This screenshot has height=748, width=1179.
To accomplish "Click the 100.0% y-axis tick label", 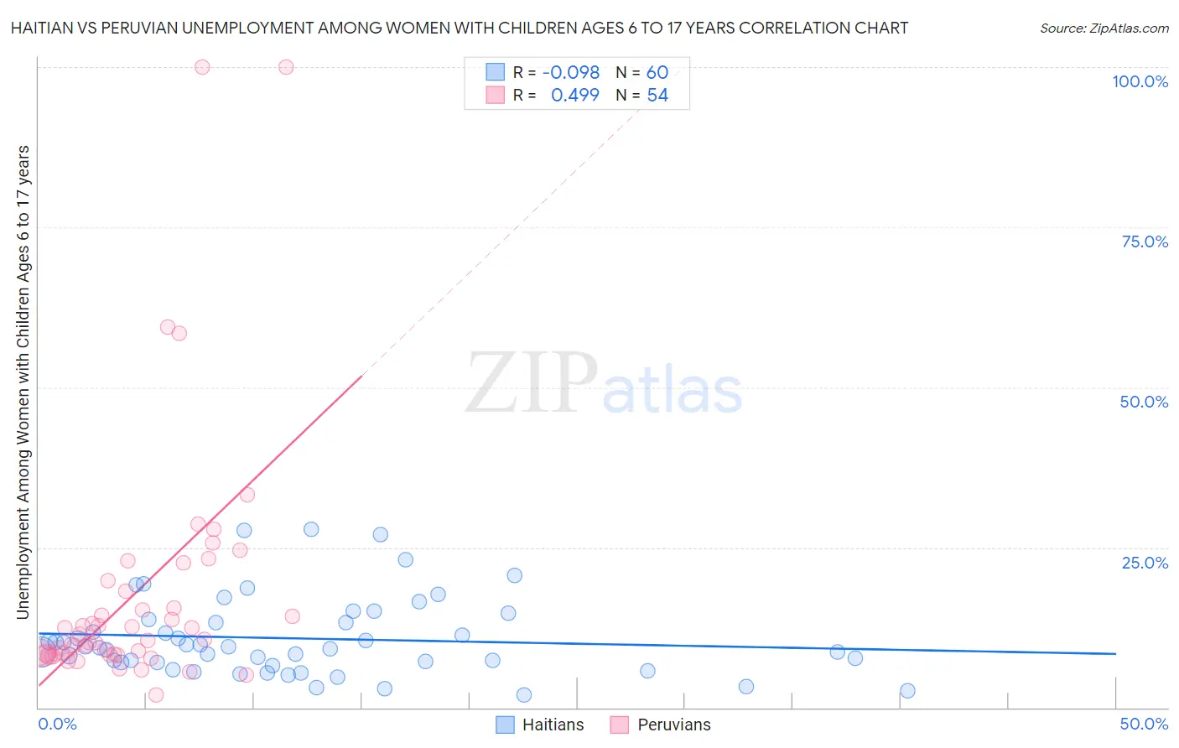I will coord(1140,81).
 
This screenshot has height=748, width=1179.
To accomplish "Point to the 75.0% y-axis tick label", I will coord(1145,242).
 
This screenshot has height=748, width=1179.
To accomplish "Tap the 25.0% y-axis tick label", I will coord(1145,562).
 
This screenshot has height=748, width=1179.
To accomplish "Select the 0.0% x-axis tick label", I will coord(57,724).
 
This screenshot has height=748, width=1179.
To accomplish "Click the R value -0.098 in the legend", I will coord(571,73).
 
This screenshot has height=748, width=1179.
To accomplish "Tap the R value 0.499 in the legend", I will coord(574,96).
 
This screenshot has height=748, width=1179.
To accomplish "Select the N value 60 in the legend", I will coord(657,73).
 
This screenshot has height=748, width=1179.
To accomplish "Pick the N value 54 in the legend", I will coord(657,96).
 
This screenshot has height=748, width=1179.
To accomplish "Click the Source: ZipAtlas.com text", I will coord(1104,29).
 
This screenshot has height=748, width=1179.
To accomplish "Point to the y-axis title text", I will coord(23,382).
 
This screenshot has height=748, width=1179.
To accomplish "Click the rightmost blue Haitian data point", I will coord(907,691).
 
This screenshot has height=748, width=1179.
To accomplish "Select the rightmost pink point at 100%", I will coord(286,67).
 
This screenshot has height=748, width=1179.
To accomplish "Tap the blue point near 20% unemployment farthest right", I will coord(515,575).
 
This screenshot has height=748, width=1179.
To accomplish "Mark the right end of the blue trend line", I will coord(1115,653).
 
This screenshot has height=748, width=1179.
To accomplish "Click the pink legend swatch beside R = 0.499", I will coord(496,96).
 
